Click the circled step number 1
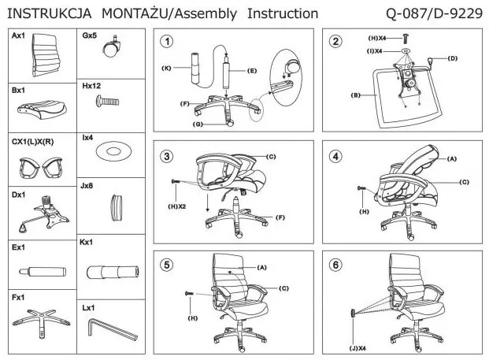pos(165,41)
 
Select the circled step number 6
pos(336,264)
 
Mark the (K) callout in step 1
pos(166,69)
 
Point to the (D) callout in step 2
pos(453,58)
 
